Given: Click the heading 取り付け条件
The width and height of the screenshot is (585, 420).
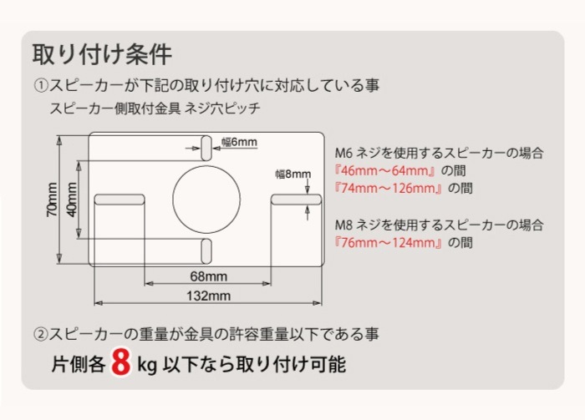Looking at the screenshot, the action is (102, 54).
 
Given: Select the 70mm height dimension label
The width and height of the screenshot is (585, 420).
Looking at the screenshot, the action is (52, 200).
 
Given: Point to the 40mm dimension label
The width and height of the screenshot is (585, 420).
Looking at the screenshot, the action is (72, 200).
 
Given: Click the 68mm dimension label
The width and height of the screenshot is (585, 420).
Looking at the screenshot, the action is (209, 276).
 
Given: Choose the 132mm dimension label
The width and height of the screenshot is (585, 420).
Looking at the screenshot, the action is (209, 296).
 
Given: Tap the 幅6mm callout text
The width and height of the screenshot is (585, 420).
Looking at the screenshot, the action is (239, 142).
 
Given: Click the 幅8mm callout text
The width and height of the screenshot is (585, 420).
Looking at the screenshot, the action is (293, 174).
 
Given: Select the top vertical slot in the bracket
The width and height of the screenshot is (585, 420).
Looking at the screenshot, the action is (206, 149).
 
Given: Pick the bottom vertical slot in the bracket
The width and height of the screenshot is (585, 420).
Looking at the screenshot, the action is (206, 251).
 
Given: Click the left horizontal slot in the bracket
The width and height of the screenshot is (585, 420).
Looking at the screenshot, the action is (120, 200).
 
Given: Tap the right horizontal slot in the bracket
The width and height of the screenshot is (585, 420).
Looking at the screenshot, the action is (296, 200).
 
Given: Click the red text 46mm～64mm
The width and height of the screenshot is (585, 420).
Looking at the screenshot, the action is (385, 171).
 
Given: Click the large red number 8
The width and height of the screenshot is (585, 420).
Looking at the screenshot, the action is (121, 362).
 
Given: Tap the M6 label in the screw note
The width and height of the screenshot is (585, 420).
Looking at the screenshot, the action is (343, 153).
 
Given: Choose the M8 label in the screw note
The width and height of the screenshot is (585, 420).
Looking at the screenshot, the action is (343, 225).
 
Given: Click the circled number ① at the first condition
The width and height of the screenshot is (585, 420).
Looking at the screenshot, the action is (41, 86).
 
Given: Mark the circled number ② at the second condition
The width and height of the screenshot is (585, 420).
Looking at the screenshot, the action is (41, 334).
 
